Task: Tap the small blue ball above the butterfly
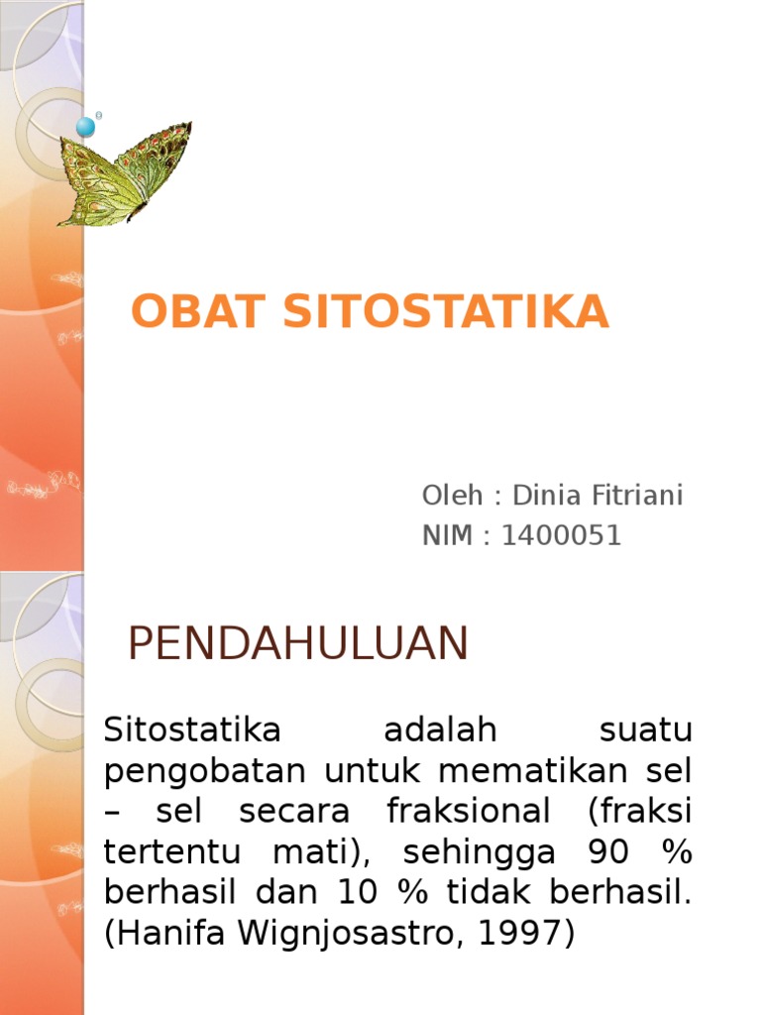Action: [86, 126]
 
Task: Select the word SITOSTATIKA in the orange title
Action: [446, 312]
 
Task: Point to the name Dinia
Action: [543, 495]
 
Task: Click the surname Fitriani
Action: [634, 495]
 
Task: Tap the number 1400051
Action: [561, 536]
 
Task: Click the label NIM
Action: [448, 536]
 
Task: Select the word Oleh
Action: [452, 495]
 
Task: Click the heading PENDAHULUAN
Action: [297, 645]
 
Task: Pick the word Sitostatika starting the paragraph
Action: [192, 733]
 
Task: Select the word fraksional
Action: [470, 812]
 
